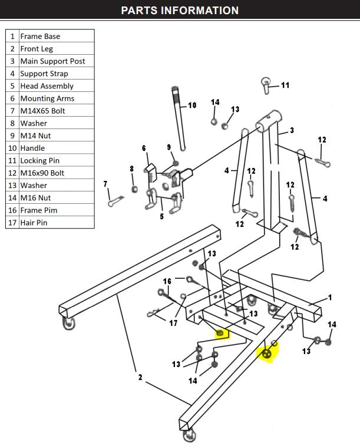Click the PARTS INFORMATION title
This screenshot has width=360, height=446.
[x=180, y=11]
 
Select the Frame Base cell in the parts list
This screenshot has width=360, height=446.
[x=40, y=36]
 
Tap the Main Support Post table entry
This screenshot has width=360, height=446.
[x=52, y=61]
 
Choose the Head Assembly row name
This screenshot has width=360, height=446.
[x=47, y=86]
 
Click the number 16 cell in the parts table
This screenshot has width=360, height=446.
[x=12, y=210]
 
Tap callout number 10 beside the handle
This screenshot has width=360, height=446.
[x=192, y=105]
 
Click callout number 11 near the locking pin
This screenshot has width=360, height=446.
[x=285, y=85]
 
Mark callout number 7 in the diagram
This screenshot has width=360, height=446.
[x=105, y=184]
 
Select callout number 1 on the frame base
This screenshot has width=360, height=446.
[x=330, y=298]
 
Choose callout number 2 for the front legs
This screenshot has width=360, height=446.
[x=140, y=377]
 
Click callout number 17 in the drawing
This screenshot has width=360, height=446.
[x=173, y=323]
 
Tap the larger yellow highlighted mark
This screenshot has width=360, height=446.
[x=267, y=353]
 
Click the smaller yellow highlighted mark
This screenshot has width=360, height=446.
[x=221, y=334]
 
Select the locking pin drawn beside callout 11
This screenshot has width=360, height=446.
[x=267, y=85]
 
